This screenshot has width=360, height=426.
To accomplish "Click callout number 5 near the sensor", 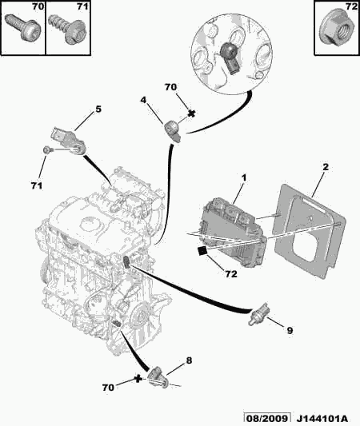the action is coord(98,109).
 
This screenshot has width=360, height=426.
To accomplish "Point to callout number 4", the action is coord(143,100).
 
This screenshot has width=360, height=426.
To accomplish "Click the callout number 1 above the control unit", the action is coord(244,178).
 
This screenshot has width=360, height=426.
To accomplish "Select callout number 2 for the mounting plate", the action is coord(326,167).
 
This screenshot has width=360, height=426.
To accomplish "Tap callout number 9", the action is coord(290,331).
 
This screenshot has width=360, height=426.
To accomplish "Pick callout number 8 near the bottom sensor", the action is coord(189,360).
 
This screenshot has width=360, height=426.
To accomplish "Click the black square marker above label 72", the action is coord(202,250).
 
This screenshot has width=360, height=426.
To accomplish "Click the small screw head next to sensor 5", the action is coord(46,150).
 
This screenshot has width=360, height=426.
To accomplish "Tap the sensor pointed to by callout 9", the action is coord(258,313).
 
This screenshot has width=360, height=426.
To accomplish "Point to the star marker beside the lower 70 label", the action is coord(138,379).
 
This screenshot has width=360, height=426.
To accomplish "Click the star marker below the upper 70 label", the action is coord(192,113).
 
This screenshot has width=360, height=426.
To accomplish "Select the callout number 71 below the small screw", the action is coord(37,186).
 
